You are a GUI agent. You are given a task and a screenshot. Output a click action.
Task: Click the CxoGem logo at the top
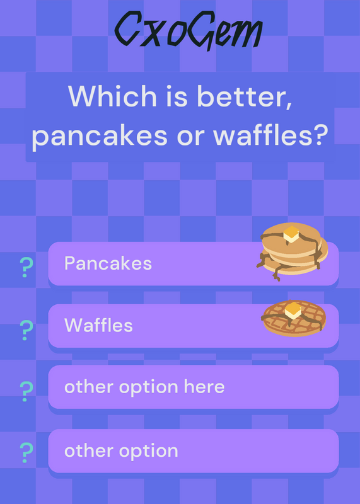click(x=189, y=30)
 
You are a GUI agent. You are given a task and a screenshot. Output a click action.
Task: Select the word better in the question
click(x=245, y=96)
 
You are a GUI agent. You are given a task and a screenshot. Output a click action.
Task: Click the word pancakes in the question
click(x=100, y=136)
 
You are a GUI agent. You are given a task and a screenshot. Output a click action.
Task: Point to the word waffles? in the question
click(x=270, y=135)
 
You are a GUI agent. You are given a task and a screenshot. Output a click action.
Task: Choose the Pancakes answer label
click(x=108, y=263)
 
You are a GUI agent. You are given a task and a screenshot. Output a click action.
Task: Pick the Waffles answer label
click(x=98, y=325)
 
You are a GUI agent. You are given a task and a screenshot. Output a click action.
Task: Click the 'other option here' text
click(x=144, y=387)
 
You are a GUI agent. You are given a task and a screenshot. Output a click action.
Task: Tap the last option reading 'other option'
click(x=121, y=450)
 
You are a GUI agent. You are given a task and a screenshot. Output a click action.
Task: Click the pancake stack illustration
click(x=292, y=251)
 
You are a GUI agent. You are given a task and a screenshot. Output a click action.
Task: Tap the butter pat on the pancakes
click(x=291, y=234)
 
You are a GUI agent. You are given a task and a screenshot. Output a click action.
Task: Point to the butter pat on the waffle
click(x=293, y=310)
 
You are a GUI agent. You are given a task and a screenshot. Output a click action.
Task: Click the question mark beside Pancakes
click(x=26, y=267)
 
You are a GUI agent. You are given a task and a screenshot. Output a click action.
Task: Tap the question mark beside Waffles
click(x=26, y=330)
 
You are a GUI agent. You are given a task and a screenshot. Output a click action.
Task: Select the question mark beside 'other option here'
click(x=26, y=391)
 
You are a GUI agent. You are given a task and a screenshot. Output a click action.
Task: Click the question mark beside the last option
click(x=26, y=452)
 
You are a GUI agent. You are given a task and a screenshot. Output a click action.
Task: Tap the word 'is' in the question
click(x=177, y=96)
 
